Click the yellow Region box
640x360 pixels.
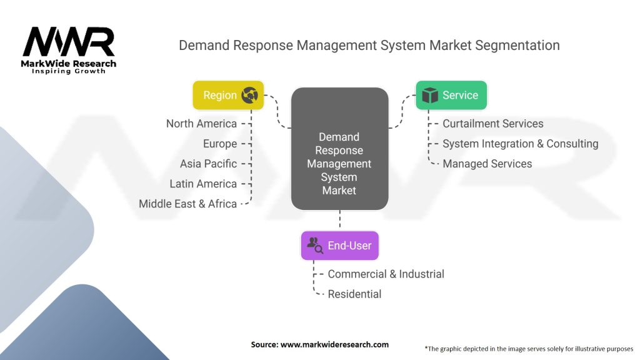coord(228,95)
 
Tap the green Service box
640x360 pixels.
coord(451,95)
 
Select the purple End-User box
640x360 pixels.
coord(339,246)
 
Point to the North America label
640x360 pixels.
coord(201,124)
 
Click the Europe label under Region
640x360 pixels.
coord(220,144)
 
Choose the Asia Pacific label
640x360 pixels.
coord(208,164)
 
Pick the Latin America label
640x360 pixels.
coord(203,184)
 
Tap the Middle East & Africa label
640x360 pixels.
coord(187,204)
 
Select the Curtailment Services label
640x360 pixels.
coord(492,124)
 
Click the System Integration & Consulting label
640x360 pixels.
coord(520,144)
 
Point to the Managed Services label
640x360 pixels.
coord(487,164)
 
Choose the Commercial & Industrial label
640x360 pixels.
coord(386,274)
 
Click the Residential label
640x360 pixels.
coord(354,294)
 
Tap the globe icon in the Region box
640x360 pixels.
coord(250,95)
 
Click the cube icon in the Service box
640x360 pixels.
coord(429,95)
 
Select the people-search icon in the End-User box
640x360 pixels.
coord(315,246)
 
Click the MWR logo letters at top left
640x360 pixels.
coord(69,42)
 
